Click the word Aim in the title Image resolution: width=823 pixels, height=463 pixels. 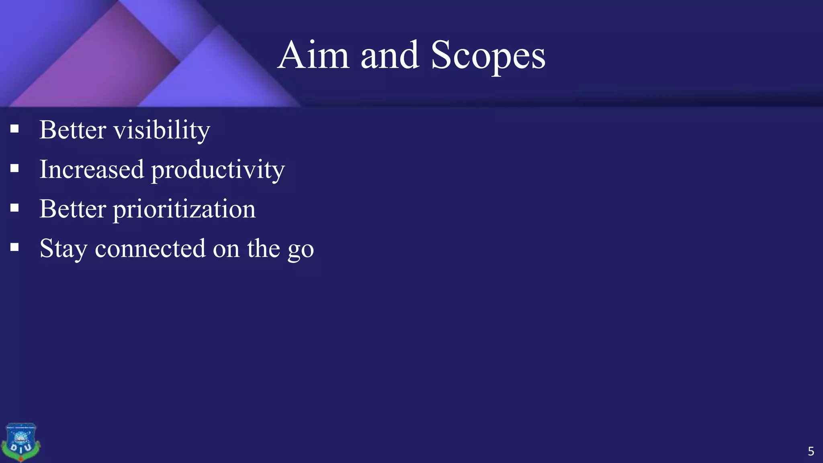(x=313, y=55)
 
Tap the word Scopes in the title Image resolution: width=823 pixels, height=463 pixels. (x=488, y=56)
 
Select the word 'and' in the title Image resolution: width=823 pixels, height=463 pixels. (x=389, y=55)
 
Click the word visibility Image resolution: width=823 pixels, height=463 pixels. (x=162, y=130)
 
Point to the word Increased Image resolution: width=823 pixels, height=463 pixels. (x=92, y=169)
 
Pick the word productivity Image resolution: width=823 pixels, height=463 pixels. (x=218, y=170)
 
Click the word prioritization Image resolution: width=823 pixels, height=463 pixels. (x=184, y=210)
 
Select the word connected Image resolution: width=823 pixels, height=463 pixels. (x=150, y=249)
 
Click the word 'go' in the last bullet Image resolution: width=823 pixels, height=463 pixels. (x=301, y=250)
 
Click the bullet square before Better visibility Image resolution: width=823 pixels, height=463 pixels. (x=15, y=129)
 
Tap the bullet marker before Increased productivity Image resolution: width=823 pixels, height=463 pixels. (x=15, y=168)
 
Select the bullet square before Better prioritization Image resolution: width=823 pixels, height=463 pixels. (x=15, y=208)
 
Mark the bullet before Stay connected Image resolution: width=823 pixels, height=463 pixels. (x=15, y=247)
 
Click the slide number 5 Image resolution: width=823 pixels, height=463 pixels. (x=811, y=451)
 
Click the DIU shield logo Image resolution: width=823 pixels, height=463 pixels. (x=21, y=442)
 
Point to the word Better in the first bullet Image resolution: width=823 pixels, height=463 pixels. (x=73, y=130)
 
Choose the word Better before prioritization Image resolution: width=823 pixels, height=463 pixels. (x=73, y=209)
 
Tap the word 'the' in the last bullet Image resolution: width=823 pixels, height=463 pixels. (x=263, y=248)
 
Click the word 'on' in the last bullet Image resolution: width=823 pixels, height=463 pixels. (x=226, y=249)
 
